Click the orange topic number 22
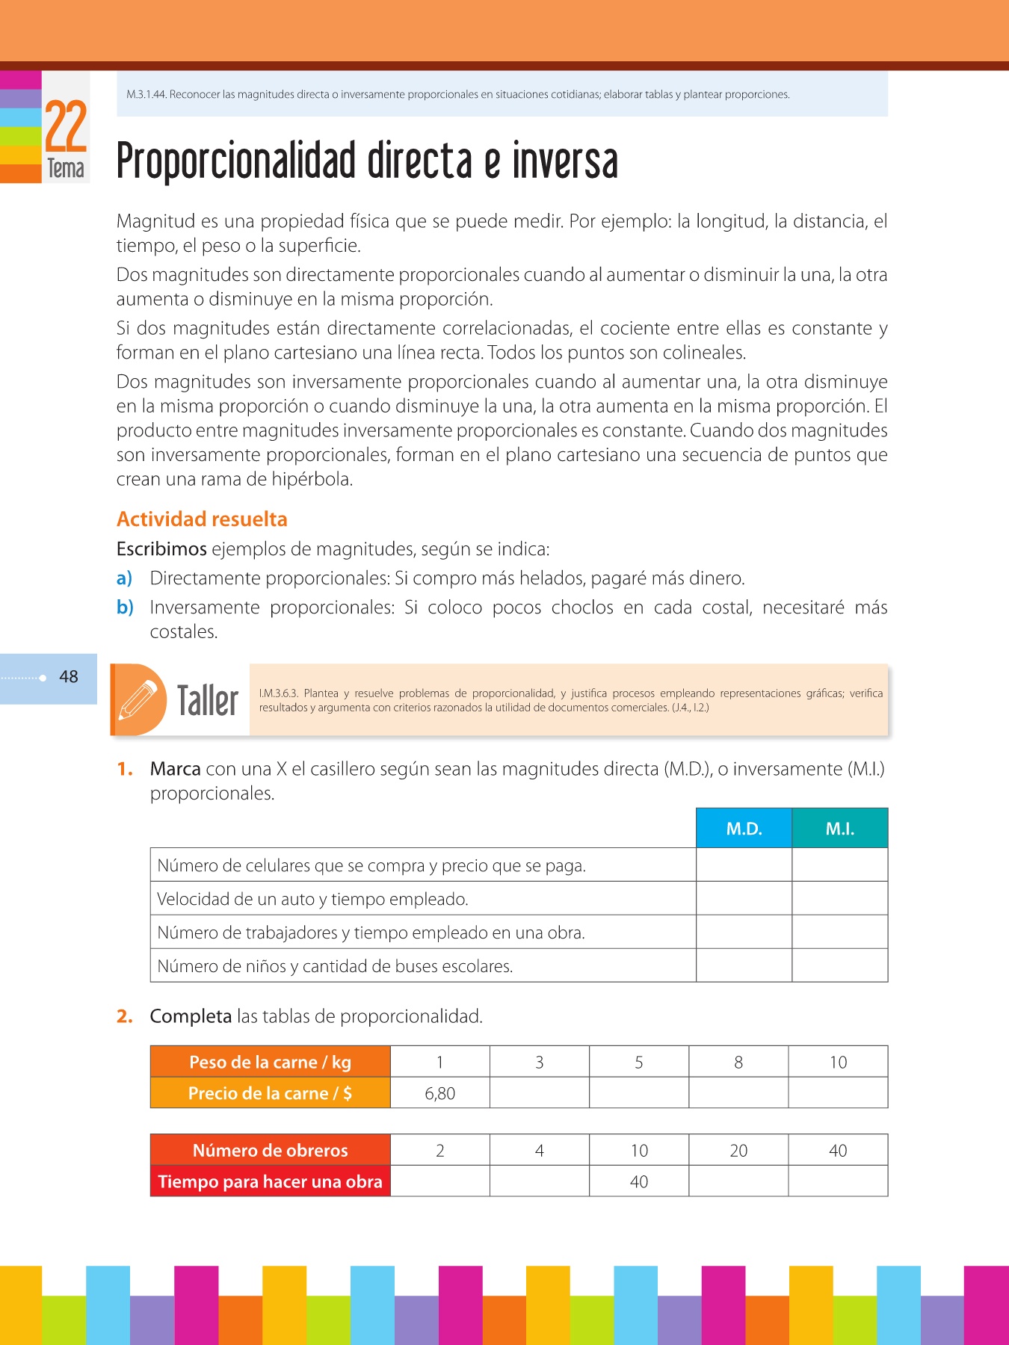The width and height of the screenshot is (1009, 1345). click(x=66, y=126)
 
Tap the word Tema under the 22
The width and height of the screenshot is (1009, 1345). click(x=66, y=168)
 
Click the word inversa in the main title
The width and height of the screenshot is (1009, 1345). click(x=565, y=161)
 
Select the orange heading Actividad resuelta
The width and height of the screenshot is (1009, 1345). click(x=202, y=519)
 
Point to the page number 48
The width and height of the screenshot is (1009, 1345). click(x=69, y=677)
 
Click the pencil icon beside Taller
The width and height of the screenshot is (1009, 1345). click(x=138, y=699)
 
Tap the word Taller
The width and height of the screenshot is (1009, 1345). click(x=208, y=701)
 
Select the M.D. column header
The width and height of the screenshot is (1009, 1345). click(x=744, y=829)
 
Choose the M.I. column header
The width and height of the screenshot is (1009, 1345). click(x=840, y=829)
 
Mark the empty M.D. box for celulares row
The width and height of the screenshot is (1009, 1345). click(x=744, y=865)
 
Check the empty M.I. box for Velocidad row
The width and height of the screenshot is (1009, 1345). click(x=840, y=899)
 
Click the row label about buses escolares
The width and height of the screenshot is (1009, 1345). click(x=335, y=966)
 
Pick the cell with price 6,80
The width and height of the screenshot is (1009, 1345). click(x=440, y=1093)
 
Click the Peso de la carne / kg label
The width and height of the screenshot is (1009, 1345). click(x=270, y=1062)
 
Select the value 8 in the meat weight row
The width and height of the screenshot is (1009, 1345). click(x=738, y=1062)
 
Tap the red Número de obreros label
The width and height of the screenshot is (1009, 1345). click(x=270, y=1150)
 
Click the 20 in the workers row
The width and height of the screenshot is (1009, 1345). click(x=738, y=1151)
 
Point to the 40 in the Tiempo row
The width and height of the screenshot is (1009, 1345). click(x=639, y=1182)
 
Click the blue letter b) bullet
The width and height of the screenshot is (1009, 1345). click(x=125, y=607)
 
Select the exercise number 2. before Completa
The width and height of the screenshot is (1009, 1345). click(x=125, y=1016)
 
